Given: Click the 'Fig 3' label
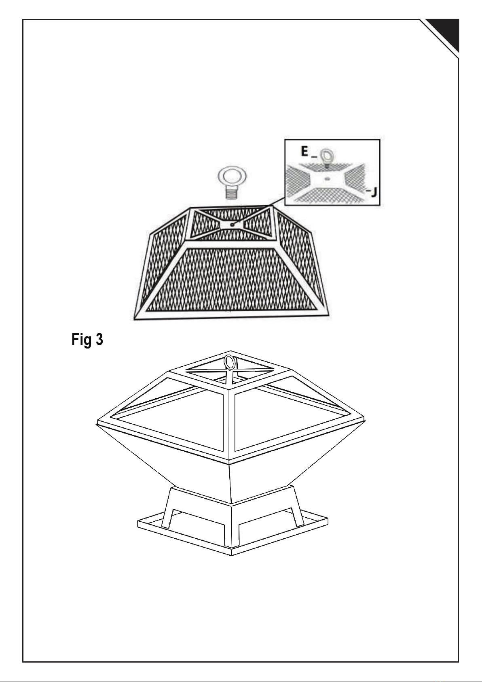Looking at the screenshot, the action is pyautogui.click(x=87, y=340).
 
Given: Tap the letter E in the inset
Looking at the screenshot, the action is pyautogui.click(x=304, y=151).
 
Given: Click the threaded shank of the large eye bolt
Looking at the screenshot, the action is pyautogui.click(x=233, y=192).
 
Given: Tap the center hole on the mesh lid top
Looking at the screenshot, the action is pyautogui.click(x=233, y=225).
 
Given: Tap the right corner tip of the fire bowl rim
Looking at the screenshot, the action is pyautogui.click(x=365, y=420).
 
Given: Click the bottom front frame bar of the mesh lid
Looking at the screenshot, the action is pyautogui.click(x=232, y=316).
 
